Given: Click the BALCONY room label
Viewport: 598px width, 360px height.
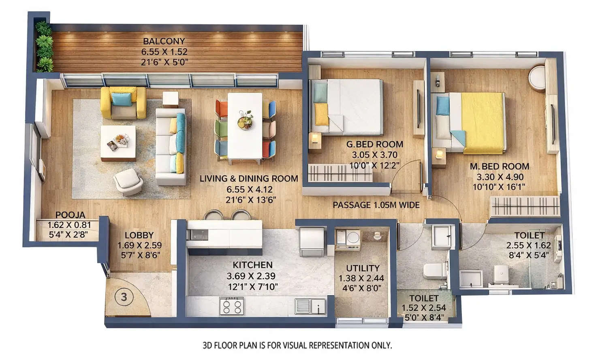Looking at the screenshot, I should [164, 41].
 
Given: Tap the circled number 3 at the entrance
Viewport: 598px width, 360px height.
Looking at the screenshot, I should [124, 297].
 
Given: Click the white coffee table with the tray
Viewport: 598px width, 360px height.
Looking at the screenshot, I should [118, 143].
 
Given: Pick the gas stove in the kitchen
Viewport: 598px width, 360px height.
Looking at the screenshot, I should [232, 306].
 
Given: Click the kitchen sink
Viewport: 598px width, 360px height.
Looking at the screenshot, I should [310, 306].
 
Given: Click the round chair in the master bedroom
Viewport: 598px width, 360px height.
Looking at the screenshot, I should [538, 77].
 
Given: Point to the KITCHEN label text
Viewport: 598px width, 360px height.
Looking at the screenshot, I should [252, 265].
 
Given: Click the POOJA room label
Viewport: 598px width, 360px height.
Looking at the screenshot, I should [70, 215].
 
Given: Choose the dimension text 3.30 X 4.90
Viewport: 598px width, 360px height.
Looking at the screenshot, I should [500, 177].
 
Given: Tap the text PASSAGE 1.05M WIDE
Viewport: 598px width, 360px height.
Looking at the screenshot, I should [376, 205].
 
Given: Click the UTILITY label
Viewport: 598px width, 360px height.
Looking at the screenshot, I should [363, 268].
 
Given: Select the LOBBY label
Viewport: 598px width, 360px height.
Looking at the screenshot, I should [139, 235].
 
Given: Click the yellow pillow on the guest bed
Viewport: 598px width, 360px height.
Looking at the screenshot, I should [321, 114].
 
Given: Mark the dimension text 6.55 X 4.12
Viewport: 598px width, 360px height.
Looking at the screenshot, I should [250, 189].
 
